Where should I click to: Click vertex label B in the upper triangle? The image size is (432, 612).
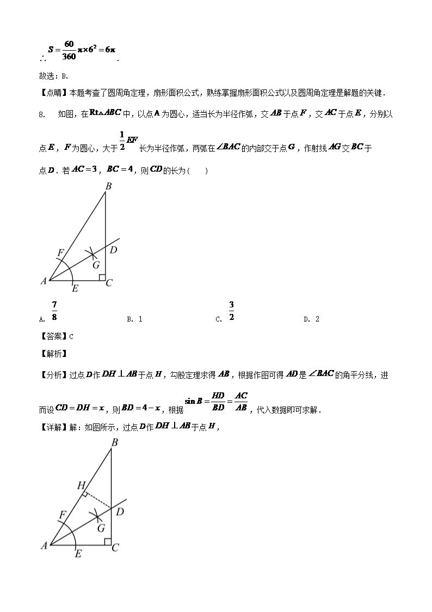[x=108, y=186]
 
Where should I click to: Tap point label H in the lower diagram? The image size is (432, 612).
[x=81, y=485]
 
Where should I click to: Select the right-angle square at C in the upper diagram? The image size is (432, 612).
[x=102, y=277]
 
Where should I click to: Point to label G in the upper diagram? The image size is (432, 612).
[x=96, y=265]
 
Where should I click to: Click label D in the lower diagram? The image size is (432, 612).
[x=120, y=512]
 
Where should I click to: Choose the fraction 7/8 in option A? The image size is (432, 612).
[x=54, y=311]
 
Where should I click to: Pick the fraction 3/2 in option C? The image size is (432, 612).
[x=231, y=311]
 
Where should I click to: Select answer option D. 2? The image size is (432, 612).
[x=311, y=319]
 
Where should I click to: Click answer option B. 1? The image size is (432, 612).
[x=134, y=319]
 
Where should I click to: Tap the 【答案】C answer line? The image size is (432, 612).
[x=57, y=336]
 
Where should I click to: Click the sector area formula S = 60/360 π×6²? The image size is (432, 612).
[x=82, y=50]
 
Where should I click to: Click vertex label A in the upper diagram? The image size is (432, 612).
[x=43, y=281]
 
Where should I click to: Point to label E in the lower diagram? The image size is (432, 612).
[x=78, y=554]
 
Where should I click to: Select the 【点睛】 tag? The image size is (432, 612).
[x=53, y=93]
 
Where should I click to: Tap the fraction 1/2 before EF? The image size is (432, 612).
[x=122, y=142]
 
